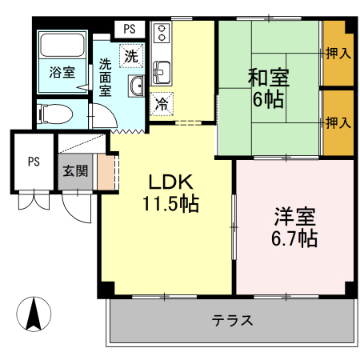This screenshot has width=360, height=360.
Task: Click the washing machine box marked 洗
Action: tap(130, 56)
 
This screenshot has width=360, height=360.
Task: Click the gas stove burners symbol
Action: tap(161, 34)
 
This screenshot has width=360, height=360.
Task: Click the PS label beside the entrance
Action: tap(34, 161)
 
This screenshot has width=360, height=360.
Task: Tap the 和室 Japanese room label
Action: tap(268, 78)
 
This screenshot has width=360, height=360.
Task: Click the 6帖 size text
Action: tap(269, 101)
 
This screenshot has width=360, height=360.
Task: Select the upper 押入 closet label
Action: tap(338, 54)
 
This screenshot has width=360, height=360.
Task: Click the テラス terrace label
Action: tap(233, 322)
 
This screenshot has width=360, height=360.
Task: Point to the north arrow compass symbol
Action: tap(34, 314)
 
